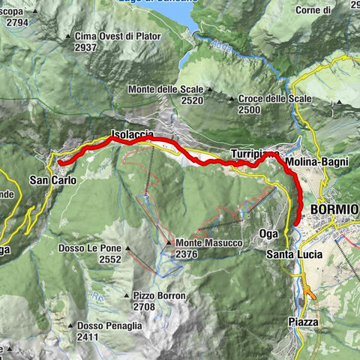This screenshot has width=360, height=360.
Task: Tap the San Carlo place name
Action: pyautogui.click(x=53, y=180)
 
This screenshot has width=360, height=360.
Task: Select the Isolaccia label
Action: pyautogui.click(x=132, y=134)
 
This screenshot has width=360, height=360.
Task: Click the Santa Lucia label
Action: pyautogui.click(x=294, y=255)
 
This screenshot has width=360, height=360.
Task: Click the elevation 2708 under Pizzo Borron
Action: pyautogui.click(x=142, y=307)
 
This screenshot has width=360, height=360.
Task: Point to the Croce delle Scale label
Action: pyautogui.click(x=274, y=98)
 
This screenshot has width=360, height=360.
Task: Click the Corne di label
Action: pyautogui.click(x=313, y=10)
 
